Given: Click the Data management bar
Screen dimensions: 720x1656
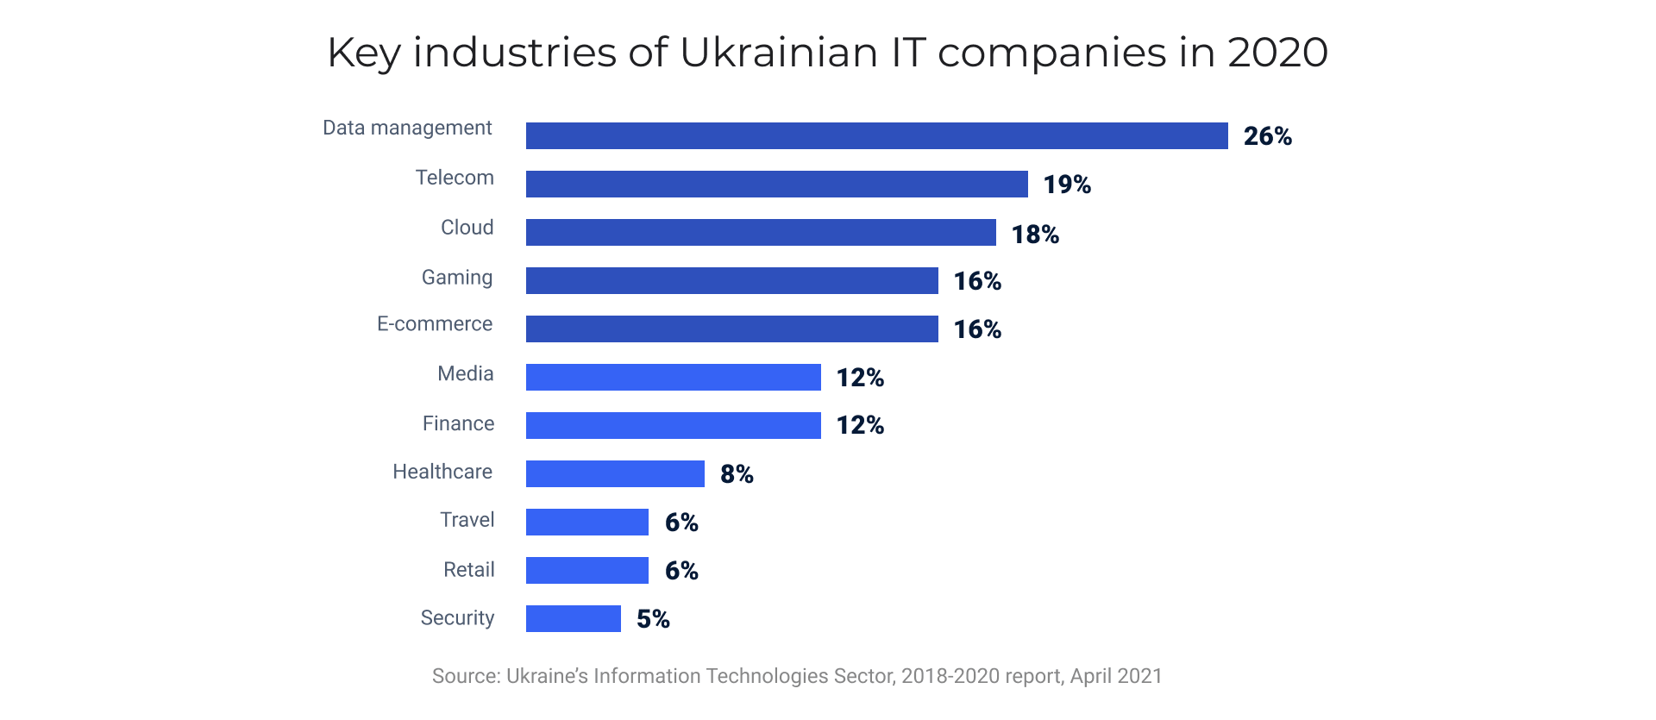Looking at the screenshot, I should [876, 135].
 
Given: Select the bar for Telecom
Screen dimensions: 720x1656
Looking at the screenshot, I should [776, 184].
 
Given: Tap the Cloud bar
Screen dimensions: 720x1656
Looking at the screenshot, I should [761, 232].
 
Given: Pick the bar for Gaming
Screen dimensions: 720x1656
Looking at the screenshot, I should [731, 280].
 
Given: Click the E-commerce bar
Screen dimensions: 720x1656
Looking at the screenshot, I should [731, 329].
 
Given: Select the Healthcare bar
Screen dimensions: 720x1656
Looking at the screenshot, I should [615, 473].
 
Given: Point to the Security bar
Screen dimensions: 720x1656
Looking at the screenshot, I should [573, 618].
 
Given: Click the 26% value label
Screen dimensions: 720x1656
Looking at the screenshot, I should [1267, 136].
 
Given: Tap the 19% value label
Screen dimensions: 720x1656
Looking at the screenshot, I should [1067, 185].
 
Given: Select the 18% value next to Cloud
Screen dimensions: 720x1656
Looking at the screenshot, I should [1035, 234].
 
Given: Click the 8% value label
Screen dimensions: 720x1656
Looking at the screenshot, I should [737, 474].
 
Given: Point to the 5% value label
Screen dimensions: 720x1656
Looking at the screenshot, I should [653, 619].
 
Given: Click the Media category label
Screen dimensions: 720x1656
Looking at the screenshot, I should [465, 373].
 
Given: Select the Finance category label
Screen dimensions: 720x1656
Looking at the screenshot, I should [458, 423].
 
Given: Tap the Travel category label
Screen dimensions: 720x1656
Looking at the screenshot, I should [467, 520].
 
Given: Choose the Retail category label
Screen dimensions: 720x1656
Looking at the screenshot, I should [468, 570].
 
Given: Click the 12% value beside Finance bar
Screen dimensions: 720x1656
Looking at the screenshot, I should [860, 425].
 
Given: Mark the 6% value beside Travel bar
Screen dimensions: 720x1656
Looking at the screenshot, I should [681, 523].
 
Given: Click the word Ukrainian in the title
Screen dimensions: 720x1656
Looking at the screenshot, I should [778, 53].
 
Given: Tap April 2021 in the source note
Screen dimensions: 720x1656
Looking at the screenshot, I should [1116, 676].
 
